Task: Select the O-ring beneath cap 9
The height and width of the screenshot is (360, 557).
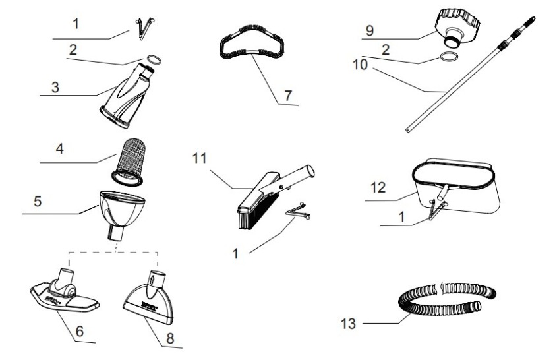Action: point(448,59)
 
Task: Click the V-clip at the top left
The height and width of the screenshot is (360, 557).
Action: point(142,24)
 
